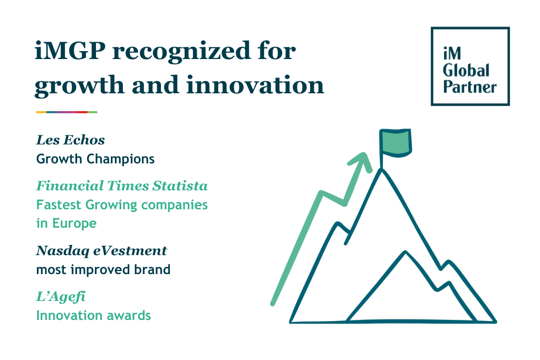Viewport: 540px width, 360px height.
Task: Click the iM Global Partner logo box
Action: pyautogui.click(x=470, y=66)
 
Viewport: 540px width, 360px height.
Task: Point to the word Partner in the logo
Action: pyautogui.click(x=470, y=86)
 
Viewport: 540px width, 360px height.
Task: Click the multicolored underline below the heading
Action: pyautogui.click(x=66, y=112)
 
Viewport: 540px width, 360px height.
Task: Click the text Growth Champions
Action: pyautogui.click(x=95, y=159)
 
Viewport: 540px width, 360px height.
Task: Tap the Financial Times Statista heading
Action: pyautogui.click(x=121, y=186)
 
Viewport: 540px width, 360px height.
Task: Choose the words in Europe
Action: pyautogui.click(x=66, y=223)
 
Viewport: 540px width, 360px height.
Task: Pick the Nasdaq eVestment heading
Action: pyautogui.click(x=101, y=251)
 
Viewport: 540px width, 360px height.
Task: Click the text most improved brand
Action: pyautogui.click(x=103, y=270)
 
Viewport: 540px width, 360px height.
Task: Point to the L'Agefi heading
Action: pyautogui.click(x=61, y=297)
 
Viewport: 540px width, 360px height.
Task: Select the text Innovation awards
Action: pyautogui.click(x=93, y=316)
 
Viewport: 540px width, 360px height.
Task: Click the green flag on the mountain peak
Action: pyautogui.click(x=396, y=143)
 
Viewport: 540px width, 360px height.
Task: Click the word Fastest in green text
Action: pyautogui.click(x=57, y=205)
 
